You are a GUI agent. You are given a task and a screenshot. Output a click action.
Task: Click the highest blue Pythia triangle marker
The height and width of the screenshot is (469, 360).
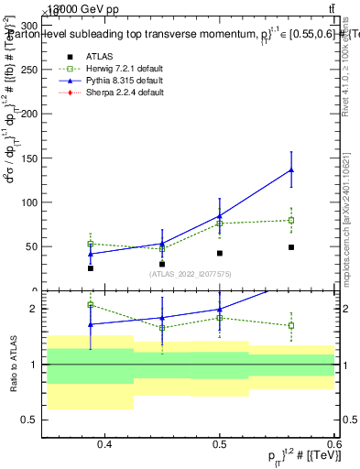(x=290, y=169)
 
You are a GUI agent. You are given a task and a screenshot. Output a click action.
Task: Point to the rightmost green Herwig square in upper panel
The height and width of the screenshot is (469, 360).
(x=290, y=220)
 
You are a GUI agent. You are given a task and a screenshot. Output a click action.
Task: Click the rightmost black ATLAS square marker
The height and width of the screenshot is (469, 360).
(x=290, y=247)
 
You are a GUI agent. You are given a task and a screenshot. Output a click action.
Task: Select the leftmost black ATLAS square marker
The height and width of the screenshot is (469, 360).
(x=90, y=267)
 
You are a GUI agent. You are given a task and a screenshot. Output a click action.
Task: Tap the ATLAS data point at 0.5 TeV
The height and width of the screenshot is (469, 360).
(x=220, y=253)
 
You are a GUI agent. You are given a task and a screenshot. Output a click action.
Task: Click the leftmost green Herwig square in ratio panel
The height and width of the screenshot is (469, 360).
(x=90, y=305)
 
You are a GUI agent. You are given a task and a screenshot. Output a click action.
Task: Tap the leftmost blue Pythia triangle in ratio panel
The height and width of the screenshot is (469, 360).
(x=90, y=324)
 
